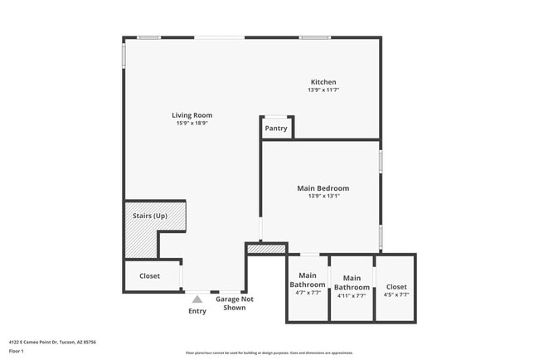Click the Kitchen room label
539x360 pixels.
[323, 82]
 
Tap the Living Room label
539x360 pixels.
[192, 115]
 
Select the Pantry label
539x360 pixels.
[276, 129]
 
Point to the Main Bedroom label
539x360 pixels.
[323, 188]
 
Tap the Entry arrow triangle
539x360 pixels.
[197, 299]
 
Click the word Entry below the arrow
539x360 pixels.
[197, 311]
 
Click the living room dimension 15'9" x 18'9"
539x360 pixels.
[192, 123]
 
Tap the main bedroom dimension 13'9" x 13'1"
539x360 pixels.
[323, 197]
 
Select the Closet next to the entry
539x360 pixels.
[149, 275]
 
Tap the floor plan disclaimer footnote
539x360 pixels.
[269, 353]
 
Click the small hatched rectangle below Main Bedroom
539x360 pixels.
[266, 248]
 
